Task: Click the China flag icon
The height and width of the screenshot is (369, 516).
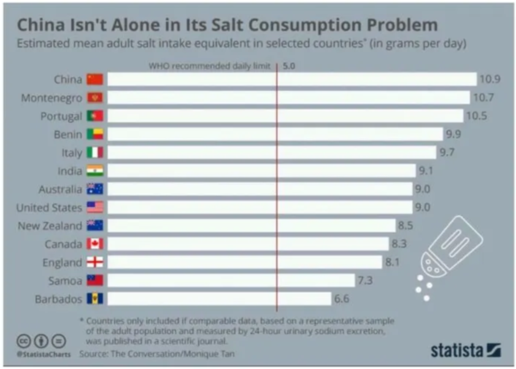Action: coord(95,79)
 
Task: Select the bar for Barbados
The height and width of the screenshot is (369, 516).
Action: coord(220,299)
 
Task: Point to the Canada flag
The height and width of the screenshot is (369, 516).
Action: coord(95,244)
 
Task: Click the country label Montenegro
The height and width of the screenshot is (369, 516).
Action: coord(51,98)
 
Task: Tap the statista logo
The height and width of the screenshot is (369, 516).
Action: coord(465,350)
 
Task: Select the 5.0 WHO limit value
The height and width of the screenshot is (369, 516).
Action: coord(289,64)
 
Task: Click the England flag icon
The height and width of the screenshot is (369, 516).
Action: coord(95,262)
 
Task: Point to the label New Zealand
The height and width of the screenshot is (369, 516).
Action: coord(50,225)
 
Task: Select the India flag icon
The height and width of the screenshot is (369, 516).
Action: coord(95,171)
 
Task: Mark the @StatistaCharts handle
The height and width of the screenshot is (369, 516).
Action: coord(42,354)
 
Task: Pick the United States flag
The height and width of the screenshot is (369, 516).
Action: coord(95,207)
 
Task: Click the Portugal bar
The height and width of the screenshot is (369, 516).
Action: coord(285,116)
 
